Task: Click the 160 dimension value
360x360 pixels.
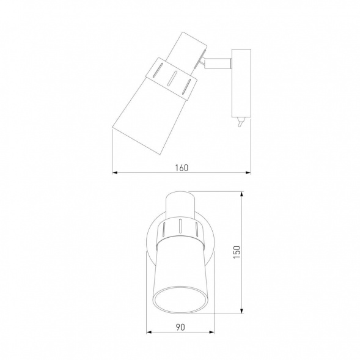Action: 182,168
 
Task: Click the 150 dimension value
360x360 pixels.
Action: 237,252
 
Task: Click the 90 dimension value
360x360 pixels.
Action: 180,327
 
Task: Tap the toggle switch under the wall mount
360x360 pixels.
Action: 240,122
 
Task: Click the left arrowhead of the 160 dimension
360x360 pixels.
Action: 115,172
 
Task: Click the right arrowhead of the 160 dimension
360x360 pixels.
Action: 248,172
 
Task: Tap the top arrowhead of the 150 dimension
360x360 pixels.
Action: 241,194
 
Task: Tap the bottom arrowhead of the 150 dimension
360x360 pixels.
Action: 241,310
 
